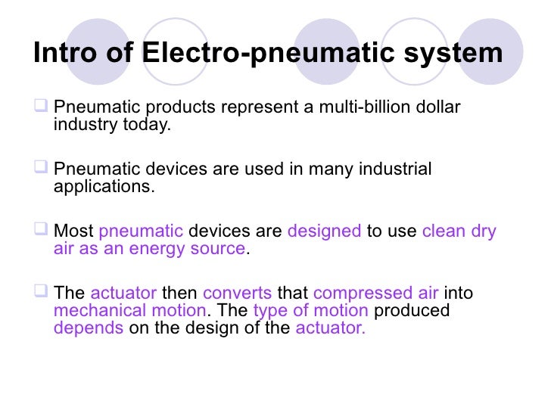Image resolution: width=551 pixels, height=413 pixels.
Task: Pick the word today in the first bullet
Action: pos(147,125)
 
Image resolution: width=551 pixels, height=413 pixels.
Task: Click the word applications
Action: pos(104,186)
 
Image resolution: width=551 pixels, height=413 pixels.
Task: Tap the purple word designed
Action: pos(324,231)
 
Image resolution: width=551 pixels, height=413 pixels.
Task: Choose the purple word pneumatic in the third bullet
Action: pos(141,231)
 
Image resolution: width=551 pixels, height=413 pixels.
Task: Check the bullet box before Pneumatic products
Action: pos(42,107)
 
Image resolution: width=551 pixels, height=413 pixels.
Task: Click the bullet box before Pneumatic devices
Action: pos(42,168)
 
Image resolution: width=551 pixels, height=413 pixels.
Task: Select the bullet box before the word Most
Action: pos(42,230)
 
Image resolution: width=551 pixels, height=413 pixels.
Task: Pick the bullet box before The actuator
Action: pos(42,292)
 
